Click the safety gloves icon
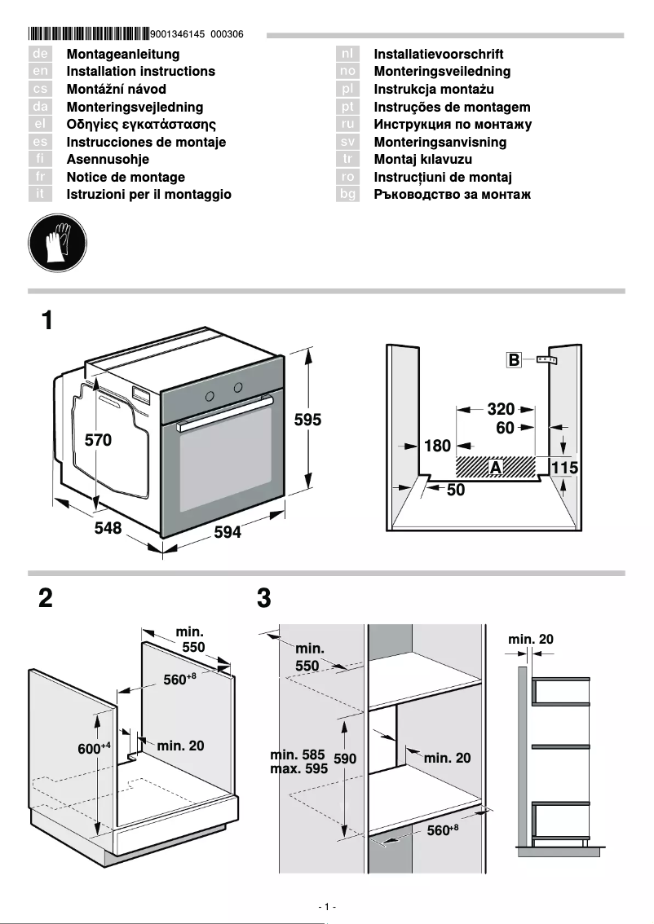tap(56, 244)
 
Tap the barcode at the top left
tap(89, 34)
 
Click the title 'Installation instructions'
tap(140, 72)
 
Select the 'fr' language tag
tap(40, 177)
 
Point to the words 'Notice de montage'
tap(126, 177)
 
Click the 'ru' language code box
tap(347, 124)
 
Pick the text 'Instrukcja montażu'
tap(434, 89)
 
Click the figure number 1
tap(47, 320)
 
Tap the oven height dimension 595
tap(307, 420)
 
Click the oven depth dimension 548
tap(108, 528)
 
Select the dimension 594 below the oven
tap(228, 532)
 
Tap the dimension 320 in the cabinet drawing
tap(501, 409)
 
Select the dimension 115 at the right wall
tap(564, 468)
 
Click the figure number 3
tap(263, 599)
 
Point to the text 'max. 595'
tap(298, 768)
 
